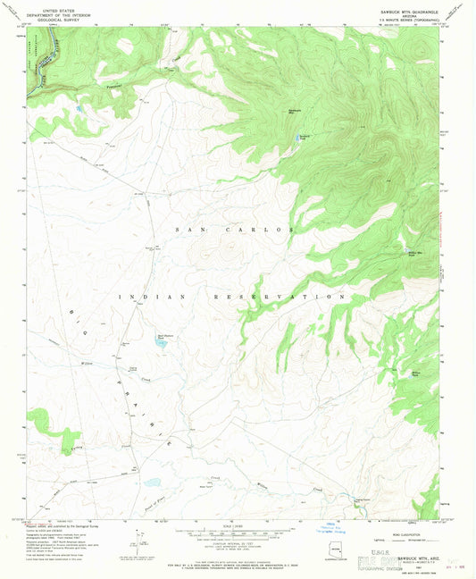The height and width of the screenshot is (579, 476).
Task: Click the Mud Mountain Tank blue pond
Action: pyautogui.click(x=162, y=344)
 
